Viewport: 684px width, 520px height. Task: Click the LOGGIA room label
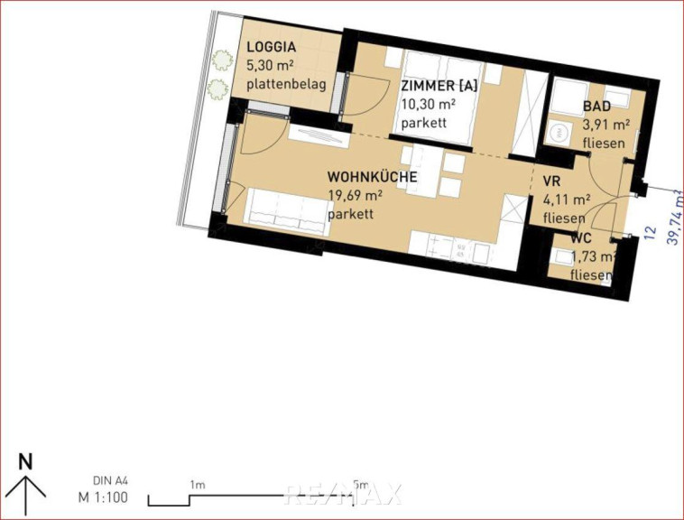[x=272, y=47]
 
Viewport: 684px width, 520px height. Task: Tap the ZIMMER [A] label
[x=439, y=86]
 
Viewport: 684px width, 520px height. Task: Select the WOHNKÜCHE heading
[x=372, y=177]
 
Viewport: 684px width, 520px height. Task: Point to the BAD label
[x=596, y=106]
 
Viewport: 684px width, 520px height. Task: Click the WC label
[x=581, y=238]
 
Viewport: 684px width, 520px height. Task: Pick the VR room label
[x=551, y=181]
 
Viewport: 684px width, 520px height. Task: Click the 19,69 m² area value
[x=356, y=195]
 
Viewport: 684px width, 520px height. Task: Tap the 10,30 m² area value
[x=429, y=104]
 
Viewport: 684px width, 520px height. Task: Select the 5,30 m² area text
[x=270, y=65]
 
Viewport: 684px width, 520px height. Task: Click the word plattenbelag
[x=286, y=84]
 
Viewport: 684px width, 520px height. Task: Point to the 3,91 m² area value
[x=605, y=125]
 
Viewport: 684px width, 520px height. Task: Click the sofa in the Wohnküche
[x=288, y=211]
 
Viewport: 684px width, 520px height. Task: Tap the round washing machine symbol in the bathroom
[x=558, y=132]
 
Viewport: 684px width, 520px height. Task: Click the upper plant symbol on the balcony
[x=223, y=60]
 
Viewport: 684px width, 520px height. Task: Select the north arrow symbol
[x=26, y=495]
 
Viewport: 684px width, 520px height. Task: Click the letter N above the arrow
[x=26, y=461]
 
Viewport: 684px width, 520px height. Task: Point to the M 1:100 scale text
[x=104, y=497]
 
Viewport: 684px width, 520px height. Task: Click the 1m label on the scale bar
[x=198, y=485]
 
